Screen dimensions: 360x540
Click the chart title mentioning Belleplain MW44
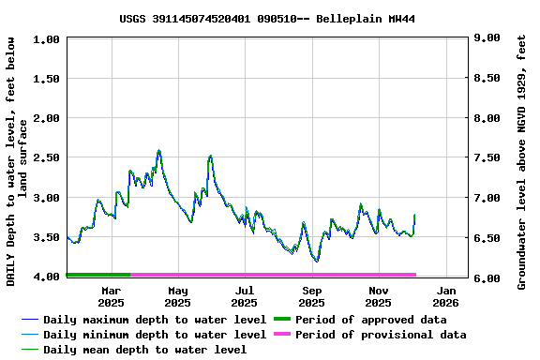[267, 19]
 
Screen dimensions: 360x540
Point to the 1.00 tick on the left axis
[49, 39]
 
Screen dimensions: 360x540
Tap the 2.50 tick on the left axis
[49, 157]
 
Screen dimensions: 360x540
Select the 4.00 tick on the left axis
[49, 277]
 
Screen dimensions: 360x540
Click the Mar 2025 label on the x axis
[111, 296]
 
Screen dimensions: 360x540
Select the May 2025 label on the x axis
[177, 296]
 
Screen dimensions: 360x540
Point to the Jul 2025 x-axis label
[244, 296]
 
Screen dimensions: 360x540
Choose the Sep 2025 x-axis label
[311, 296]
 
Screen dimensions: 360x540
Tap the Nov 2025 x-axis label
[378, 296]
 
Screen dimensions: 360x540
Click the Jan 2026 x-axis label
[445, 296]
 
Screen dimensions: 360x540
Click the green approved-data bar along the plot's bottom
[98, 275]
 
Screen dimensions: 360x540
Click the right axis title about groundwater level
[522, 157]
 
